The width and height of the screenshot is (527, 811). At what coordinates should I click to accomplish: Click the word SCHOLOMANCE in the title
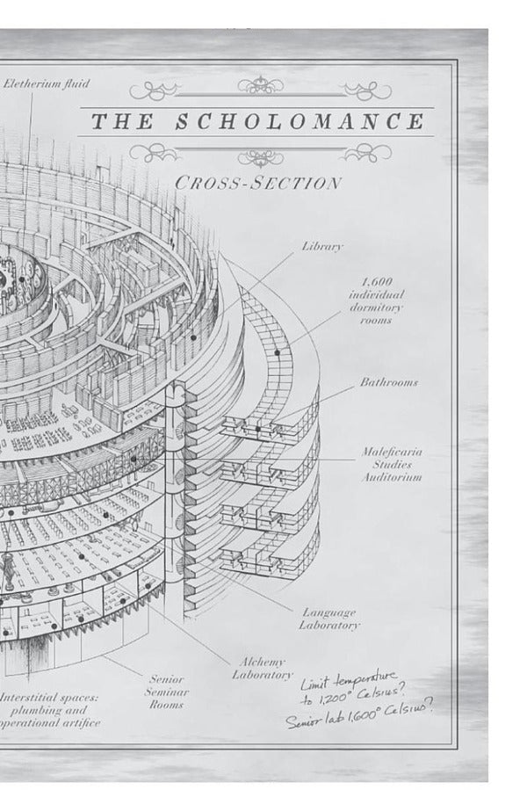(300, 122)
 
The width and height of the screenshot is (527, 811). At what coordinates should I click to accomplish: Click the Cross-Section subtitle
(257, 184)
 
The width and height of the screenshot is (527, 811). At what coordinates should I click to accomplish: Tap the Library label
(322, 247)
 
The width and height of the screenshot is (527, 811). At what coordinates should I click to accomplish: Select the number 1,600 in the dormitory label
(376, 282)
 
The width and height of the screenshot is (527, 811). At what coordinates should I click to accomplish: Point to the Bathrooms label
(388, 383)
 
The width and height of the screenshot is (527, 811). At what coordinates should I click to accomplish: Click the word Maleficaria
(392, 452)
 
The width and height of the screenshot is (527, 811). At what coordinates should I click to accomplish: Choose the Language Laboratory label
(330, 619)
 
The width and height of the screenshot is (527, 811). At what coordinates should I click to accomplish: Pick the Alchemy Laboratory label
(263, 668)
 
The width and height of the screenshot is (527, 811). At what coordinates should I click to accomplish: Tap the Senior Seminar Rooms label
(166, 692)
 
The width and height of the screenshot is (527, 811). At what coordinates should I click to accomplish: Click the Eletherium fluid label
(47, 84)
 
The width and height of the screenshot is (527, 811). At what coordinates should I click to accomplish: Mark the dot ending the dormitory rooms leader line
(277, 352)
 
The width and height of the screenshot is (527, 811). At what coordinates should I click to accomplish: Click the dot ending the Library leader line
(192, 337)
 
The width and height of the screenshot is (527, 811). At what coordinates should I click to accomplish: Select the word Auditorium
(393, 477)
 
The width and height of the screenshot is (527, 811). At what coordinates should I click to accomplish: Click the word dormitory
(376, 308)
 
